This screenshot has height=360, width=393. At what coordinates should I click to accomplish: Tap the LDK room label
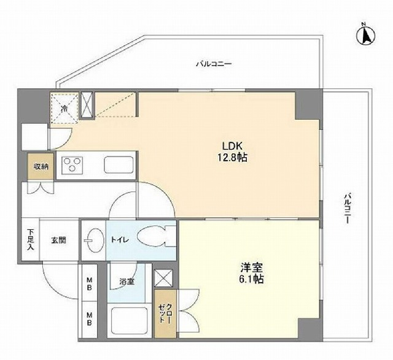232,146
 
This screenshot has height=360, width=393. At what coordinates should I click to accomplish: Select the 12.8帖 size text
232,158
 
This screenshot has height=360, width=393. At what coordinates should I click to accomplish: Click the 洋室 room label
251,268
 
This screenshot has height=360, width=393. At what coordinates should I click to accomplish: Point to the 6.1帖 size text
251,279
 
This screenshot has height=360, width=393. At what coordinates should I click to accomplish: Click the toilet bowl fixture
156,237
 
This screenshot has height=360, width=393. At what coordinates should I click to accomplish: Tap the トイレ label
120,240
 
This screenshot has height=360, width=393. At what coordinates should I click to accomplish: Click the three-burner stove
72,164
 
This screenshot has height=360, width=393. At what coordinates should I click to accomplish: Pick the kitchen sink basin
119,165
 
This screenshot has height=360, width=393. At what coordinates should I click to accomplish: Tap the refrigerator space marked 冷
64,108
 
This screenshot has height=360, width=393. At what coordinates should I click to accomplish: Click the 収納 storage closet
41,166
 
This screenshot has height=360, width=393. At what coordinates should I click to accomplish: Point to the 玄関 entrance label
59,240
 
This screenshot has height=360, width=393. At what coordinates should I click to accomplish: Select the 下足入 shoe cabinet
31,240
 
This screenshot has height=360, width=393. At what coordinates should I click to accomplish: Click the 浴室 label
126,281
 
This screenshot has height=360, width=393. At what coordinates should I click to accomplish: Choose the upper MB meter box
88,283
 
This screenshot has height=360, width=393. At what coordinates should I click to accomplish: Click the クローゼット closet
165,314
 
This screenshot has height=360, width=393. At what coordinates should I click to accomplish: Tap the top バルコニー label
214,64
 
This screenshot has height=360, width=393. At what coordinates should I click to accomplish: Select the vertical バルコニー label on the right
347,208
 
